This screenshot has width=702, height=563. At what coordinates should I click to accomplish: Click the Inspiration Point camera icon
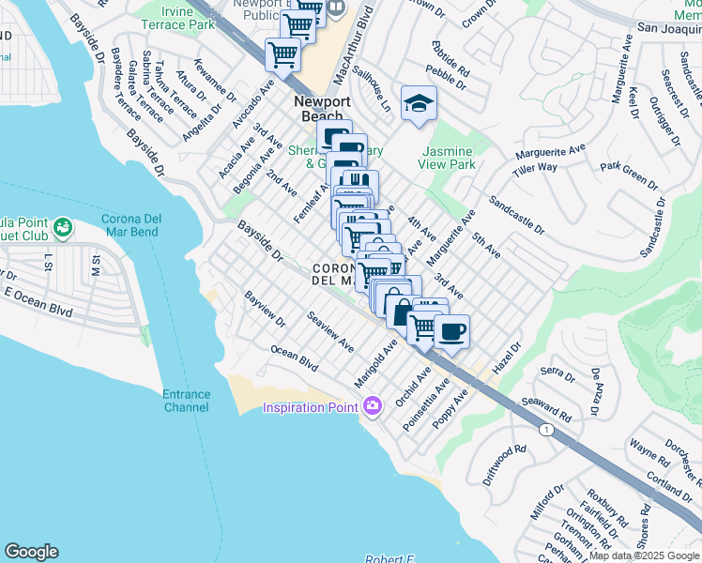pyautogui.click(x=373, y=406)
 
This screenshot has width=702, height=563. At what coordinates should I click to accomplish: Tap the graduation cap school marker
pyautogui.click(x=419, y=104)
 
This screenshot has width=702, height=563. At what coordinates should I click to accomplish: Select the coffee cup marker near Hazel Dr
pyautogui.click(x=452, y=332)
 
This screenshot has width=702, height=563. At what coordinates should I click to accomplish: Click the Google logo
pyautogui.click(x=31, y=552)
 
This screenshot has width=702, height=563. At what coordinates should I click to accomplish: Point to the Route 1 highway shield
pyautogui.click(x=545, y=429)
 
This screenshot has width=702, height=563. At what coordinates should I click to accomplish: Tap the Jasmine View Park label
pyautogui.click(x=449, y=158)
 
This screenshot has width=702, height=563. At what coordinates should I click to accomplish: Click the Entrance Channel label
pyautogui.click(x=186, y=401)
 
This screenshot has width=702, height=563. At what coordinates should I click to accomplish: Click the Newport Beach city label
pyautogui.click(x=321, y=109)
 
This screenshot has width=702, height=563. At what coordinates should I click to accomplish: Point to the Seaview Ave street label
pyautogui.click(x=329, y=331)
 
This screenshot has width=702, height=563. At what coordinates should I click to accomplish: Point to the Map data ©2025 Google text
pyautogui.click(x=644, y=555)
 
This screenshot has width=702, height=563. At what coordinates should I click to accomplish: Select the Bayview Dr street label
pyautogui.click(x=266, y=309)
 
